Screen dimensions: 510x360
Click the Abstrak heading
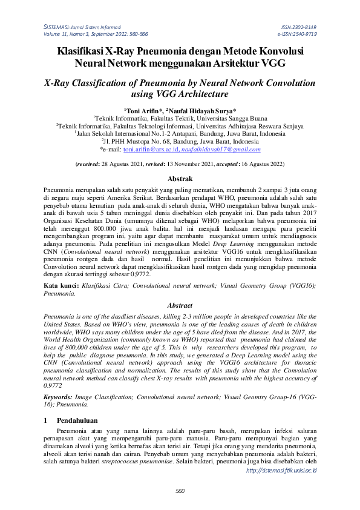click(x=180, y=179)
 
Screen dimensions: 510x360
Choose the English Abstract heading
click(x=180, y=306)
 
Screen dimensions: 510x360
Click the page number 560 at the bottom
click(x=180, y=491)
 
